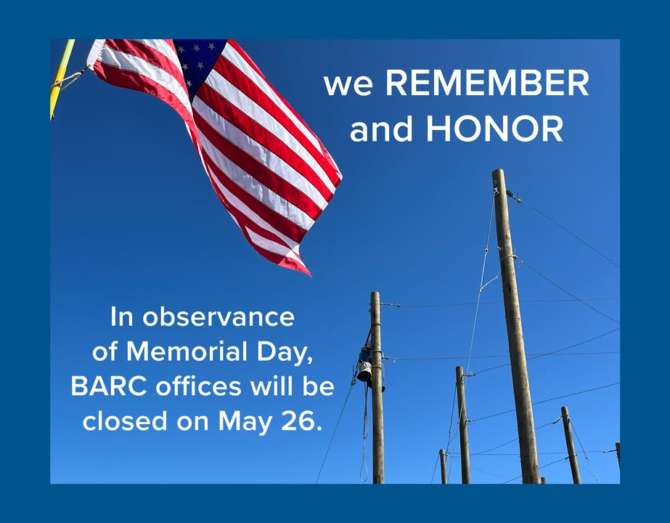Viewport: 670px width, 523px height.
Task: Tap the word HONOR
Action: (495, 129)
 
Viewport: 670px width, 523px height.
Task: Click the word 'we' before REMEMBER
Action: (348, 86)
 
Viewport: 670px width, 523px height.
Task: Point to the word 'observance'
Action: (218, 317)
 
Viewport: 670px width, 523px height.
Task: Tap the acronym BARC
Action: (109, 386)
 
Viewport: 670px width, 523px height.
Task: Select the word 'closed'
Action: (124, 421)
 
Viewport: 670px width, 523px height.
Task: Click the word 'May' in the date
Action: (245, 423)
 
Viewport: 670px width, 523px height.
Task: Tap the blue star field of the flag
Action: (199, 64)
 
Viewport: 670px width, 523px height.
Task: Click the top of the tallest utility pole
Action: (498, 170)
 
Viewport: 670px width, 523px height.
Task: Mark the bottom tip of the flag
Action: (311, 276)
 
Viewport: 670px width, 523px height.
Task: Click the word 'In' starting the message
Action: (122, 317)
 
